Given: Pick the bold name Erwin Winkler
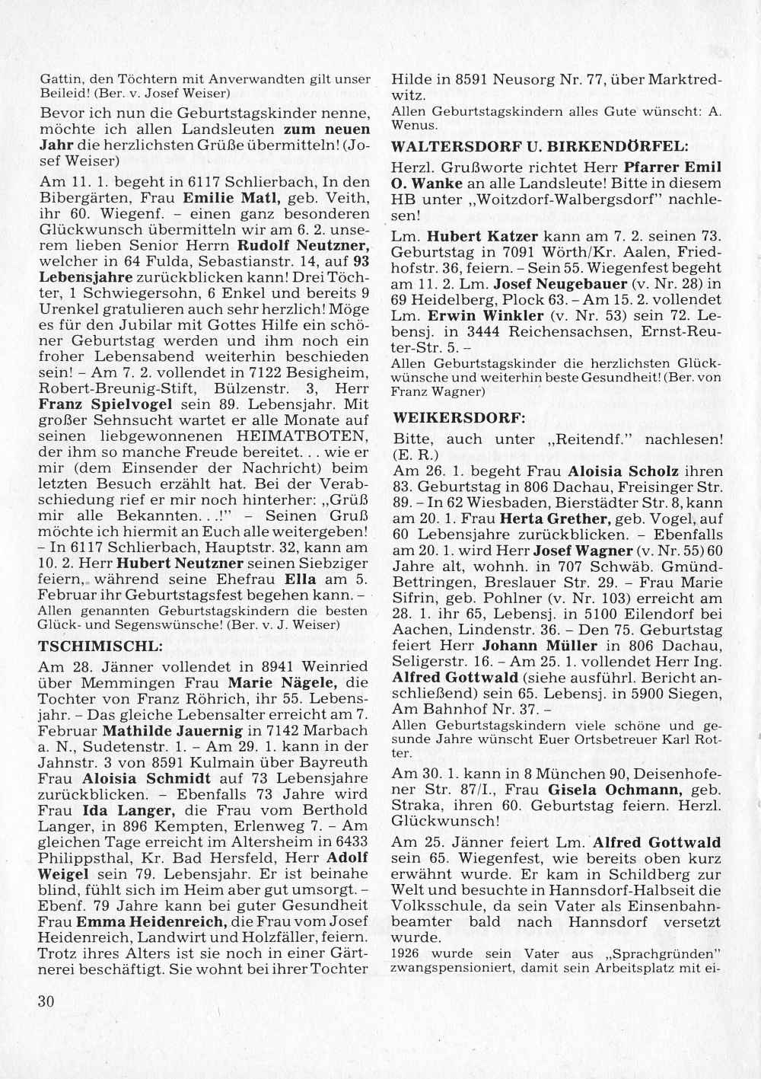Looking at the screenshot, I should pyautogui.click(x=486, y=315).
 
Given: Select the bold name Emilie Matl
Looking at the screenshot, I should pyautogui.click(x=226, y=197).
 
